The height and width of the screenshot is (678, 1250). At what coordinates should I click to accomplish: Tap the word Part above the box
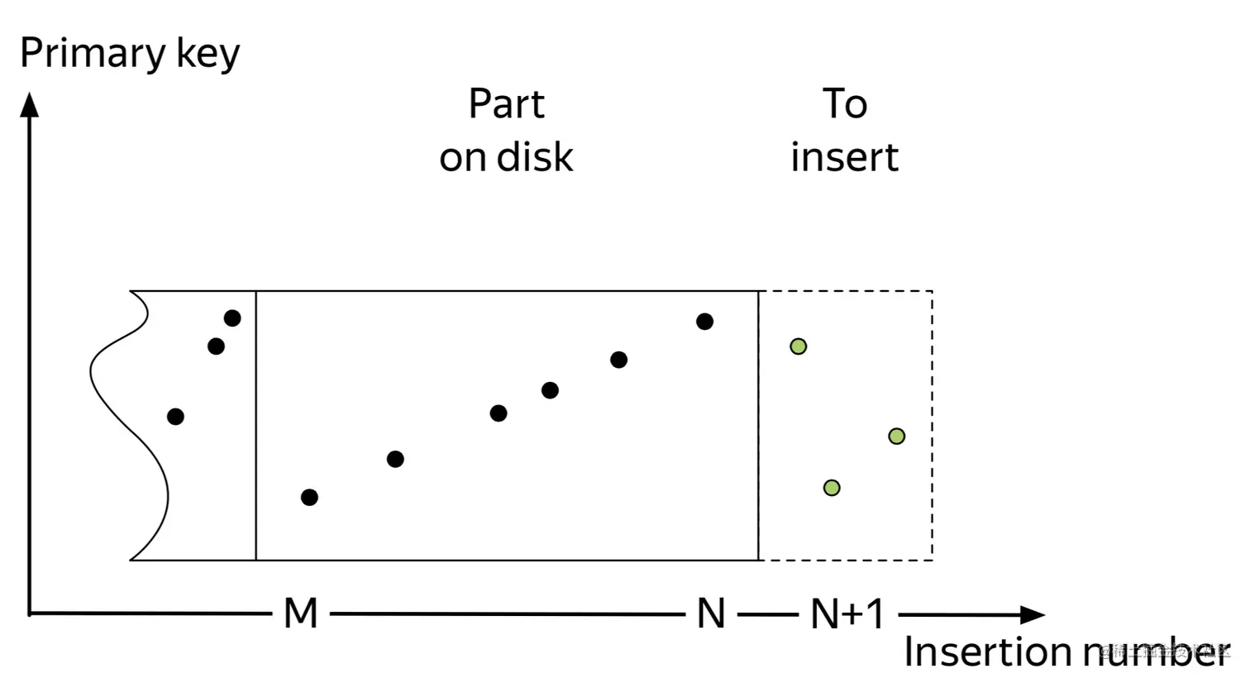pyautogui.click(x=506, y=104)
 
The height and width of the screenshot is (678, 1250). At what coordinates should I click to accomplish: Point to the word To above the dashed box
pyautogui.click(x=844, y=104)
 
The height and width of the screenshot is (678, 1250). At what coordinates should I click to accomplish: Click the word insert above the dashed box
pyautogui.click(x=844, y=157)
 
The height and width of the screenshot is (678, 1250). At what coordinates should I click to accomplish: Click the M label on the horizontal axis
pyautogui.click(x=300, y=614)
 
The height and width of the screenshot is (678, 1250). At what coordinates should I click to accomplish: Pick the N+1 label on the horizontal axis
pyautogui.click(x=847, y=614)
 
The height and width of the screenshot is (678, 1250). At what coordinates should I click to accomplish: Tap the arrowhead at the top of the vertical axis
pyautogui.click(x=30, y=104)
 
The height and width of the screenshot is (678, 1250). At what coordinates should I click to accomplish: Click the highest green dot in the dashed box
pyautogui.click(x=798, y=346)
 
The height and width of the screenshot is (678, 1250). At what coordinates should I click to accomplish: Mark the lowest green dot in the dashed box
pyautogui.click(x=832, y=488)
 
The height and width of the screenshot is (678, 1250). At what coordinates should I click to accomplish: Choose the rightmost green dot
pyautogui.click(x=896, y=436)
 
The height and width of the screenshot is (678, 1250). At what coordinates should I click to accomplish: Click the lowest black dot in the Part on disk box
pyautogui.click(x=309, y=497)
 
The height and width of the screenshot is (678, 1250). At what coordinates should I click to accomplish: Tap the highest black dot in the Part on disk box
pyautogui.click(x=704, y=322)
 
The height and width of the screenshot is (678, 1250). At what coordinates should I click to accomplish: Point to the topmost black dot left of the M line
pyautogui.click(x=232, y=318)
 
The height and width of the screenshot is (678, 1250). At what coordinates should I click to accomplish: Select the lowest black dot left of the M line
pyautogui.click(x=175, y=417)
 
